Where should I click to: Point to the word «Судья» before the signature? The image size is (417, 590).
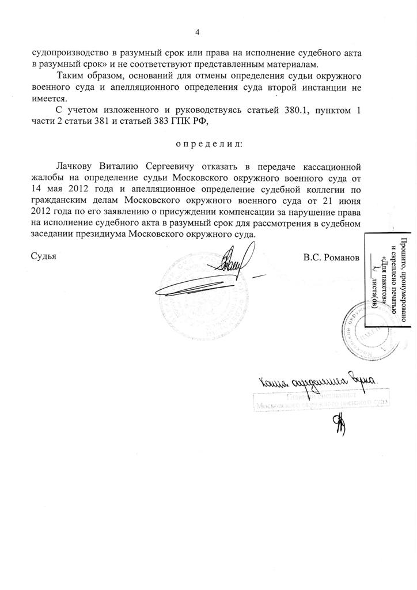click(44, 257)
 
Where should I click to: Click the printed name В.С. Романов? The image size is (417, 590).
click(331, 257)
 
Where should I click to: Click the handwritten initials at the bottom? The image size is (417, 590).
click(335, 426)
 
